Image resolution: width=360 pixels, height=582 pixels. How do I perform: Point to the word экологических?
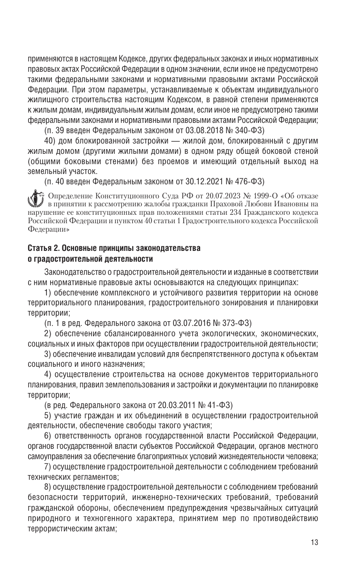(x=195, y=333)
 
